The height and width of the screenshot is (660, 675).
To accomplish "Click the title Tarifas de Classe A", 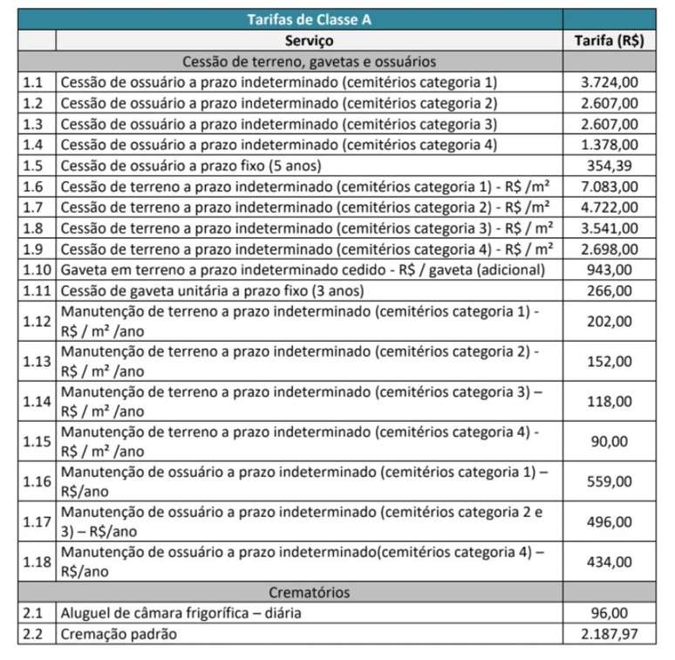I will [x=309, y=18].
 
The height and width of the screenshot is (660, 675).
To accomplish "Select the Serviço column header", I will [x=309, y=40].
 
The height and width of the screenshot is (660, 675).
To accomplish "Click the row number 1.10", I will [x=37, y=269].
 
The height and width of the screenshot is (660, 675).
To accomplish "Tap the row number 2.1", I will [x=33, y=613].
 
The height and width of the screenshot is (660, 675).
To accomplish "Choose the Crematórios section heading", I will [x=309, y=592].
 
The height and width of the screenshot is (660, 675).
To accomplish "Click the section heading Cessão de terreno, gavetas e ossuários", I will [x=309, y=62].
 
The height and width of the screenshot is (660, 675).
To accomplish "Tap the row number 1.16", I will [x=37, y=481].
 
